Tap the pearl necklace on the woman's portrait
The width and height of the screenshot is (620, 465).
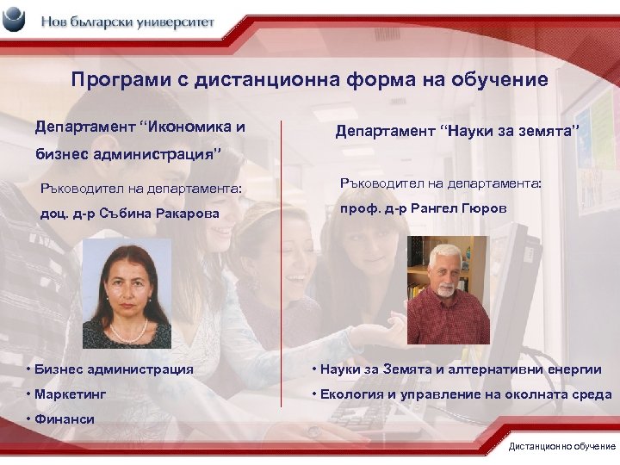click(127, 331)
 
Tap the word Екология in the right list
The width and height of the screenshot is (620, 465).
click(351, 394)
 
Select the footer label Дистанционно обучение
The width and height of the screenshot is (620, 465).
click(562, 447)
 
